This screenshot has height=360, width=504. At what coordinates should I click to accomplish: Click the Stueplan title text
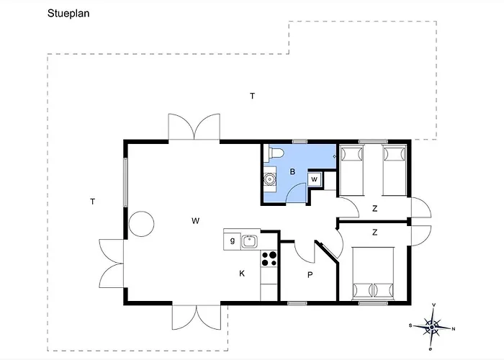pyautogui.click(x=68, y=14)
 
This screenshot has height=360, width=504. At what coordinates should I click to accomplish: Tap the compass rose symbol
pyautogui.click(x=432, y=327)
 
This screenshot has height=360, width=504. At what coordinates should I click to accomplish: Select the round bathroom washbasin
pyautogui.click(x=269, y=179)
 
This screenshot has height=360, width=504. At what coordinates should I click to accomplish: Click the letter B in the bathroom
pyautogui.click(x=292, y=171)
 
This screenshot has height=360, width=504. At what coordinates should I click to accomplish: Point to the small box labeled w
pyautogui.click(x=314, y=179)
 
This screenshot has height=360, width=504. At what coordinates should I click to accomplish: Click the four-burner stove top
pyautogui.click(x=269, y=258)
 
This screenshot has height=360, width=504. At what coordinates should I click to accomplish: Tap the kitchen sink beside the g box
pyautogui.click(x=249, y=241)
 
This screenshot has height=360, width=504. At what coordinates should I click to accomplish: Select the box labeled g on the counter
pyautogui.click(x=232, y=240)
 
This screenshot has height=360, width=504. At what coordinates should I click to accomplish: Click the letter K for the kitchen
pyautogui.click(x=242, y=274)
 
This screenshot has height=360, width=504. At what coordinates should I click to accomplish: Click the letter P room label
pyautogui.click(x=310, y=275)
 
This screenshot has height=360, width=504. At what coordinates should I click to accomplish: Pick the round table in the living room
pyautogui.click(x=141, y=224)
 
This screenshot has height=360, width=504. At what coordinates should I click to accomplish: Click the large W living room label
pyautogui.click(x=195, y=221)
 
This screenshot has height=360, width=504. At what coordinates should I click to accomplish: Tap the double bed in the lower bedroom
pyautogui.click(x=374, y=273)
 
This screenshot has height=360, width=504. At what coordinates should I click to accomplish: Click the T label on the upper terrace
pyautogui.click(x=253, y=96)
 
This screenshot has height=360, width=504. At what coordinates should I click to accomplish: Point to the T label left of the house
pyautogui.click(x=93, y=202)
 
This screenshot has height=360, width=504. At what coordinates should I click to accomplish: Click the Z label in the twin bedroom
pyautogui.click(x=375, y=209)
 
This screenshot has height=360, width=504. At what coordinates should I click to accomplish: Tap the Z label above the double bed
pyautogui.click(x=375, y=232)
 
